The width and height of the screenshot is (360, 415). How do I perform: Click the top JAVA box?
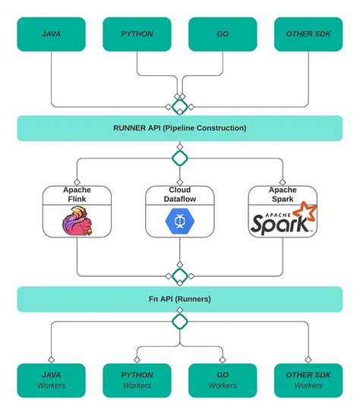point(51,34)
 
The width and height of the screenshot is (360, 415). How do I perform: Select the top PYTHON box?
point(137,34)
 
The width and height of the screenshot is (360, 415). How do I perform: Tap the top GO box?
point(223,34)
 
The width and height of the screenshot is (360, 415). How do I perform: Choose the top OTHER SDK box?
point(308,34)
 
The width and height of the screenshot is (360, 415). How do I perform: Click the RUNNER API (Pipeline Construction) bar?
point(180,128)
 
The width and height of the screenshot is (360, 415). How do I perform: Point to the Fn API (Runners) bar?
point(180,299)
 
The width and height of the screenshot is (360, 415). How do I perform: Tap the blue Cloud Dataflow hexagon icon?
point(180,221)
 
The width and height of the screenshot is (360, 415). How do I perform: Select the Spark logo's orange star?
point(305,210)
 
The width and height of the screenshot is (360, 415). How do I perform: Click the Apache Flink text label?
point(77,194)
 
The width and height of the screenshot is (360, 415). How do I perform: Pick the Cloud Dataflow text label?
point(180,194)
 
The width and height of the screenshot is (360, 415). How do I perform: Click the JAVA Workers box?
point(51,380)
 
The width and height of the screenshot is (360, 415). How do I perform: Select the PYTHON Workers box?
point(137,380)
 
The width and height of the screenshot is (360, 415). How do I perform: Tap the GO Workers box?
point(223,380)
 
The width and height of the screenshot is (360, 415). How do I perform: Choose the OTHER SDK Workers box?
point(308,380)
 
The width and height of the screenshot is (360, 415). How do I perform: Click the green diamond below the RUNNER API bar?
point(180,158)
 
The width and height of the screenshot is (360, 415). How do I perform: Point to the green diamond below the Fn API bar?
point(180,321)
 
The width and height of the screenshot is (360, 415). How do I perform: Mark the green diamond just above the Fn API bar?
point(180,275)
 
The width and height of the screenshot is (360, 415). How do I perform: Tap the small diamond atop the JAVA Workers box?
point(51,360)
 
